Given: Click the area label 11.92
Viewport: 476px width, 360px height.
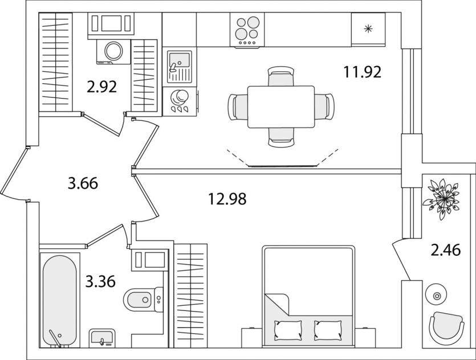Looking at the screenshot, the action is tap(362, 72).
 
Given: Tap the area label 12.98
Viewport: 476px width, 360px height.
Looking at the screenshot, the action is tap(227, 199).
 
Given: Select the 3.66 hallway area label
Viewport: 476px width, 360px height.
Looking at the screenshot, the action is tap(83, 183).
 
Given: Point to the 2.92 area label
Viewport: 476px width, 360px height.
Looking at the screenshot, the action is tap(101, 87).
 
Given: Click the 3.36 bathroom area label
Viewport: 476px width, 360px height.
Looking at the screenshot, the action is tap(100, 281).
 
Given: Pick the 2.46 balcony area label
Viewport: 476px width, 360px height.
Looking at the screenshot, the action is tap(446, 250).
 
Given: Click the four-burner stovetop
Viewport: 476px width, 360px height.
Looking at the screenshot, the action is tap(247, 30).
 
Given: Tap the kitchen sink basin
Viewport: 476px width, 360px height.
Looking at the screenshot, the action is tap(180, 63).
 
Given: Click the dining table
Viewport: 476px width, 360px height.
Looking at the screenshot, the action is tap(281, 107).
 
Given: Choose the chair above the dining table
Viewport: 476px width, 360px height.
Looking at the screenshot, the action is tap(281, 76).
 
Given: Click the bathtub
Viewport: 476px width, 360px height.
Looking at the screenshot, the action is tap(59, 301).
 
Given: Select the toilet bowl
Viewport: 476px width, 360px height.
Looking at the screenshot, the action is tap(139, 300).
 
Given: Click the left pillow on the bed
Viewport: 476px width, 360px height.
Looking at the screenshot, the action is tap(288, 330).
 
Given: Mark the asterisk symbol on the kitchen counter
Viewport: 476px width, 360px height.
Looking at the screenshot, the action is tap(368, 29).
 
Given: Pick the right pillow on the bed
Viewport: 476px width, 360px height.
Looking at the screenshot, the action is tap(328, 330).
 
